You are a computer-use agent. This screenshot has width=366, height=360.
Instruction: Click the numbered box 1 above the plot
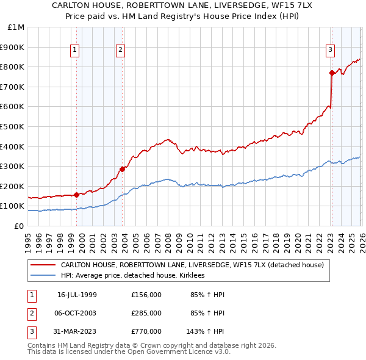tap(74, 51)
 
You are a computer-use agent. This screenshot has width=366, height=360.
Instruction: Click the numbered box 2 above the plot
tap(120, 51)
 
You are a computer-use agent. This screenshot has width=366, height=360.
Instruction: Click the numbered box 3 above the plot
tap(330, 51)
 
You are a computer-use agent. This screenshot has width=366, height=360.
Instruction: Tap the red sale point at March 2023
tap(332, 73)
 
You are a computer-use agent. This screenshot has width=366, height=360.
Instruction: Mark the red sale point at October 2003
tap(123, 169)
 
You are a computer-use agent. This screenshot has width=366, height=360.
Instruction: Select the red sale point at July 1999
tap(77, 195)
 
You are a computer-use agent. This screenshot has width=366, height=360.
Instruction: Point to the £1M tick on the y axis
tap(16, 27)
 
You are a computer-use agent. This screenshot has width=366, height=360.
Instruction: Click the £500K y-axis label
tap(13, 126)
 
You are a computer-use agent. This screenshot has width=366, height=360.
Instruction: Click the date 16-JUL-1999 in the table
tap(77, 295)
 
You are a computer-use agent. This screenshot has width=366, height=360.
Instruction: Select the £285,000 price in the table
tap(146, 313)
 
